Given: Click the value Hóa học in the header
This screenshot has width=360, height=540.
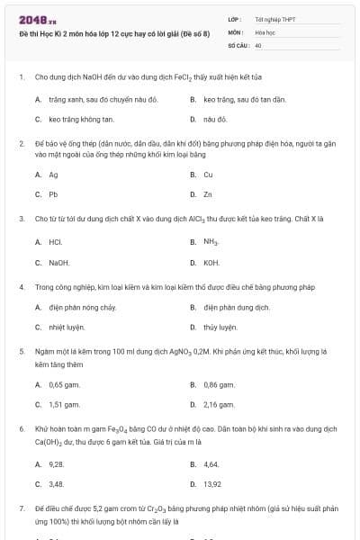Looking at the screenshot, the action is pos(265,31).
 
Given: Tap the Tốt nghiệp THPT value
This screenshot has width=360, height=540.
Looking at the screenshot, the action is pos(274,18).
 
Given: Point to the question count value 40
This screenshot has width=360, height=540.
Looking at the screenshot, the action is pos(258,44).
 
